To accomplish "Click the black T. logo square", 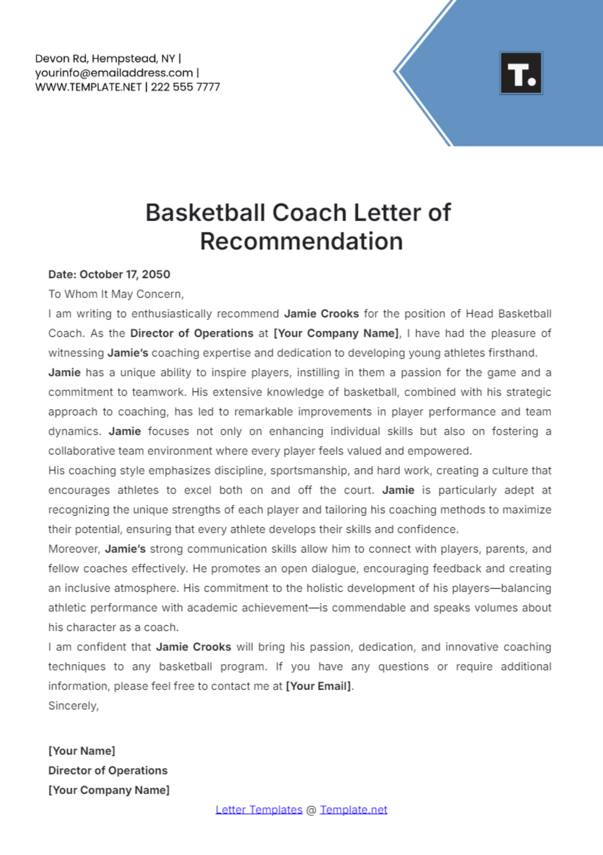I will [x=521, y=73].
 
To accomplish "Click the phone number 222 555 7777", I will [x=185, y=87].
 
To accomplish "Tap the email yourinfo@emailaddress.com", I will [x=114, y=73].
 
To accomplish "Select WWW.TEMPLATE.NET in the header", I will [x=88, y=87].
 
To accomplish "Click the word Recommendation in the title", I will [x=301, y=241].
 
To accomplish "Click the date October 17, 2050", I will [x=125, y=274].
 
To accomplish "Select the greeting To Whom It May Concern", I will [x=116, y=294].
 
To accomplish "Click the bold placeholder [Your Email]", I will [x=319, y=686].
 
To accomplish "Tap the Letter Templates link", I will [x=259, y=810].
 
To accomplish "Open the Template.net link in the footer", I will [x=354, y=810].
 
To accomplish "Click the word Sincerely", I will [x=73, y=706].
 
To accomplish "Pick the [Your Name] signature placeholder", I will [x=82, y=751].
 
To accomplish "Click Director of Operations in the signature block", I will [x=108, y=771].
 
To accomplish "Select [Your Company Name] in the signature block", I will [x=109, y=790].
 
